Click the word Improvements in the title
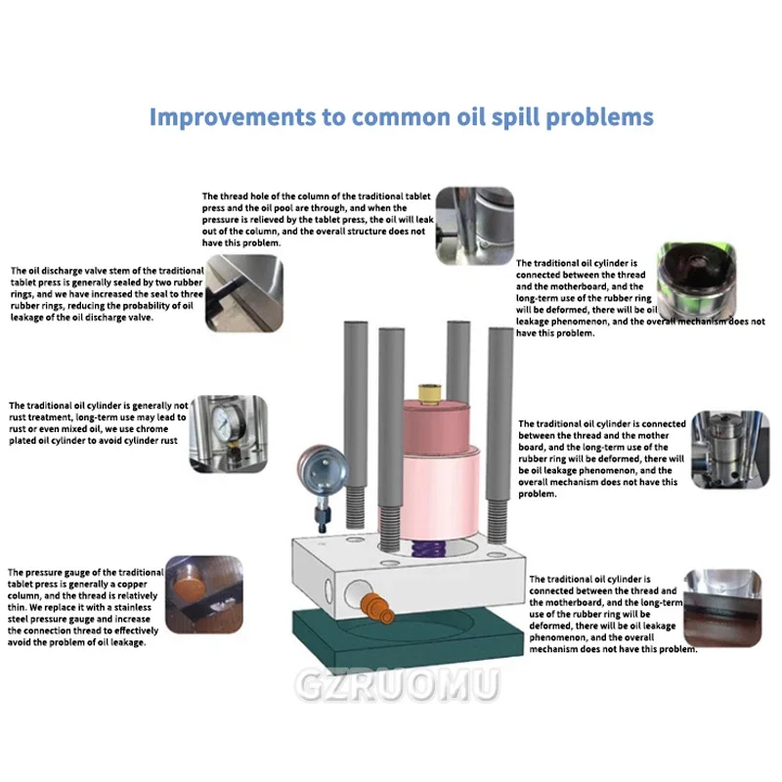233,117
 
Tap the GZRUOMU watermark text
398,685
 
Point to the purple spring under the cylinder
424,548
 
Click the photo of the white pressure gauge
229,434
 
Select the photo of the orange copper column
204,594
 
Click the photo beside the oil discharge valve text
244,292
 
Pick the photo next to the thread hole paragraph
475,226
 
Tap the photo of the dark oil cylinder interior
696,282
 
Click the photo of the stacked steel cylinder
730,450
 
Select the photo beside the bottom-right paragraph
722,608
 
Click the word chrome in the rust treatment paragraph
152,429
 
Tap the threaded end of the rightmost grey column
498,521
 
